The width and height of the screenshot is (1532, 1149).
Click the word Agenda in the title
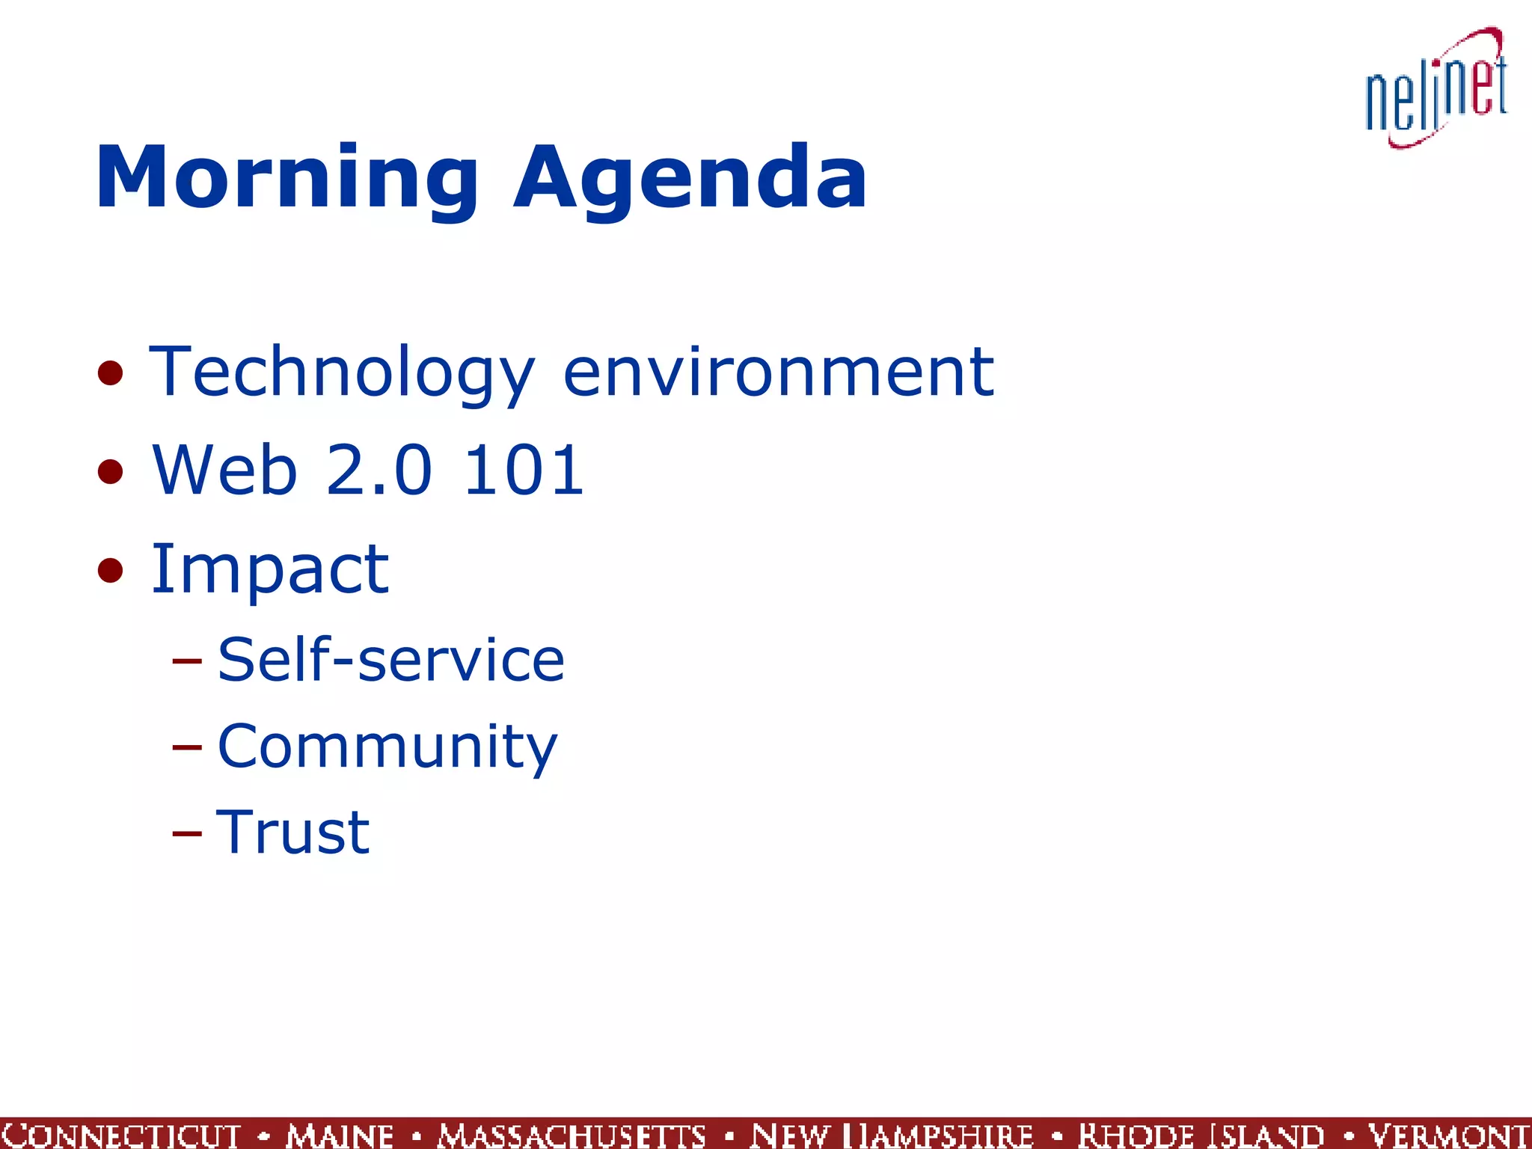(690, 180)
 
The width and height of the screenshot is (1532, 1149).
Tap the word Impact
(269, 570)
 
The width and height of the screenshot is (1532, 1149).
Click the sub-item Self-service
(390, 660)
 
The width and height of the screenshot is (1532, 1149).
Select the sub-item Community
(387, 747)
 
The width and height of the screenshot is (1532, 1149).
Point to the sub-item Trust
(292, 832)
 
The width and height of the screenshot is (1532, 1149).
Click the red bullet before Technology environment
(110, 373)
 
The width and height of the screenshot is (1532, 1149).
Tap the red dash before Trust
(186, 833)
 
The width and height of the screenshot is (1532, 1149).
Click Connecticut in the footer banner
(121, 1135)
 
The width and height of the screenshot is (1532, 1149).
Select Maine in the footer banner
(340, 1135)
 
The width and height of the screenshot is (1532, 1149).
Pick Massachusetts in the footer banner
(572, 1135)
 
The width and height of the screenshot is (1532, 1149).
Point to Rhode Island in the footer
(1201, 1135)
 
